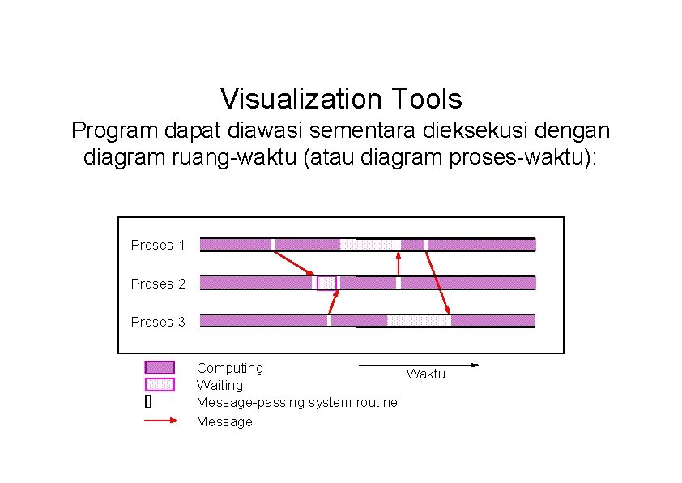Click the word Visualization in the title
tap(301, 99)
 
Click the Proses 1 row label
tap(158, 245)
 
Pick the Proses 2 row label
tap(158, 284)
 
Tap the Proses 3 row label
tap(158, 322)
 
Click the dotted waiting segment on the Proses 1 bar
tap(370, 244)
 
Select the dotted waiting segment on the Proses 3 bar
tap(419, 320)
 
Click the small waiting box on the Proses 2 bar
tap(326, 282)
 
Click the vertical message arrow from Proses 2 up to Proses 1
tap(398, 263)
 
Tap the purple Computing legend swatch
tap(160, 368)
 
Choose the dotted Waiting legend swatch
tap(160, 384)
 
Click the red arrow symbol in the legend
tap(160, 421)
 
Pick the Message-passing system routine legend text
tap(297, 402)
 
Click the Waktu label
tap(425, 374)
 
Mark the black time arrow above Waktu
tap(419, 365)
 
